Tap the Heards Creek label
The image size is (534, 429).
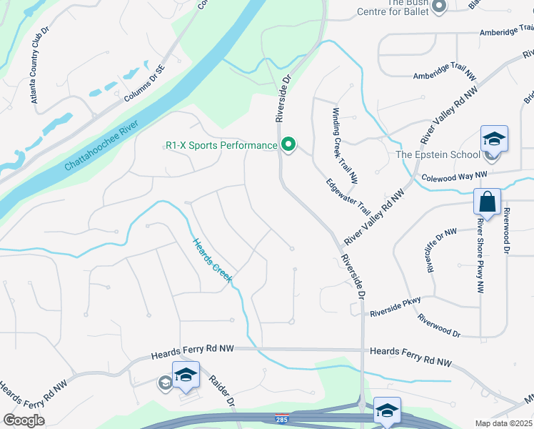211,260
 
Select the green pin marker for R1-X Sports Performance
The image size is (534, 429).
288,145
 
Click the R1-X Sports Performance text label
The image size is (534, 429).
221,145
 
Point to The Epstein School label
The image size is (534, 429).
437,155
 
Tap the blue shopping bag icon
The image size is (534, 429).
488,202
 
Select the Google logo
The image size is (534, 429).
24,420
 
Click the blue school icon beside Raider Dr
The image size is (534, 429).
186,375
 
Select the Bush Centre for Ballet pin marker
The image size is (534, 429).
439,6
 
